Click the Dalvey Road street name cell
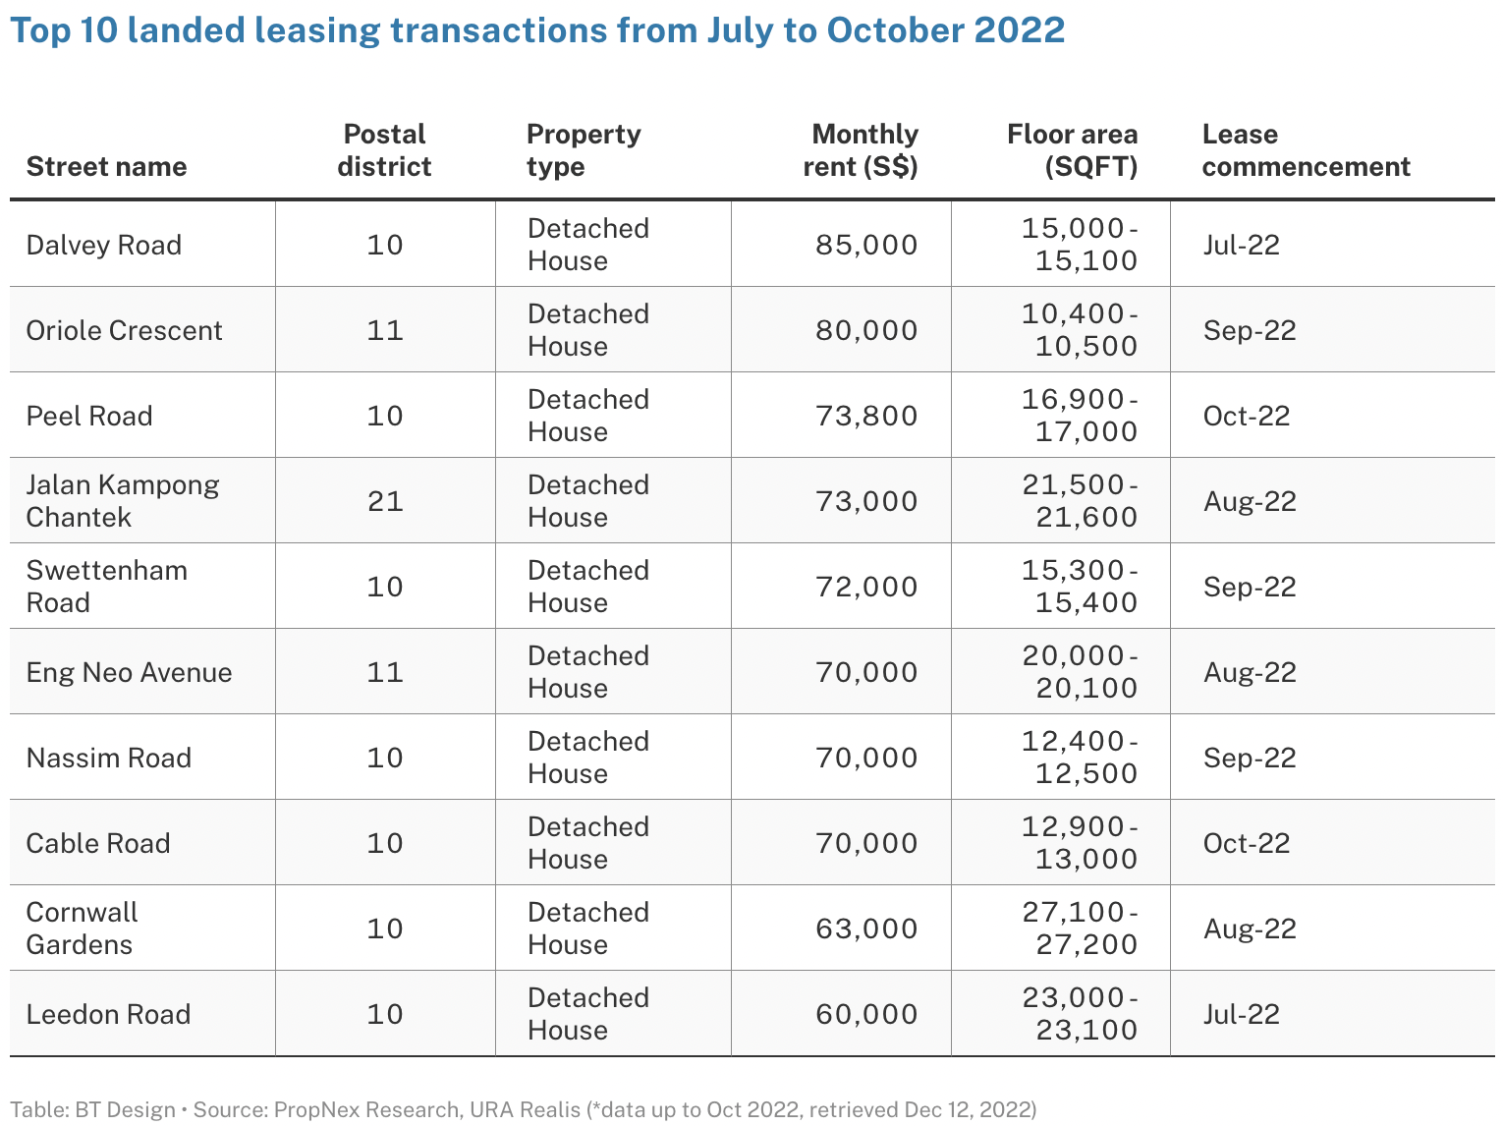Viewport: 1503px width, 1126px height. tap(104, 245)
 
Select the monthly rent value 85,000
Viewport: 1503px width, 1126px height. tap(865, 245)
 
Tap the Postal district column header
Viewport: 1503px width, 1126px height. tap(384, 150)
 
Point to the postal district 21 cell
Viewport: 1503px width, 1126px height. tap(385, 501)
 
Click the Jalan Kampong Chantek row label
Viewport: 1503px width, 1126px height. tap(123, 501)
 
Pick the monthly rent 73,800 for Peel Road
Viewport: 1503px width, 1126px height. tap(865, 416)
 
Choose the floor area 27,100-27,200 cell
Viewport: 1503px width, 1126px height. tap(1079, 929)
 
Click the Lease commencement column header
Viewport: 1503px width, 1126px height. tap(1306, 150)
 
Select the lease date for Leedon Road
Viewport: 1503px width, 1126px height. tap(1242, 1014)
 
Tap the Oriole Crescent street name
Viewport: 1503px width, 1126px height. tap(125, 330)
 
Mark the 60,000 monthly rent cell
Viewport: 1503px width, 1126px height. tap(865, 1014)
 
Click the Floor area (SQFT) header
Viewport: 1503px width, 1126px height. tap(1072, 150)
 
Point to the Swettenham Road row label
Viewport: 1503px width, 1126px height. tap(106, 587)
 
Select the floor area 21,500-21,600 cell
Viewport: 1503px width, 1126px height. tap(1079, 501)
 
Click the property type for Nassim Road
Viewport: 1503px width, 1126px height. tap(588, 758)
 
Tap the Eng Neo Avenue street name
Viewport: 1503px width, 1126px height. tap(130, 672)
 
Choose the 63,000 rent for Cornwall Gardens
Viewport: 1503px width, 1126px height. tap(865, 929)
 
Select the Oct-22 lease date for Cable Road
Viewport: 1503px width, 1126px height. tap(1247, 843)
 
